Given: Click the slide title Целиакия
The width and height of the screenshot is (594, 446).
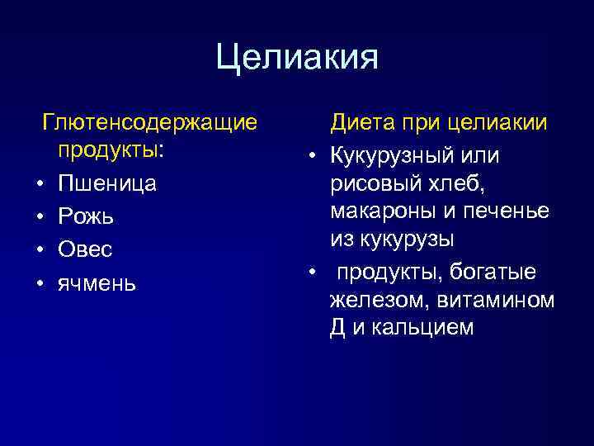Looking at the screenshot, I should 297,59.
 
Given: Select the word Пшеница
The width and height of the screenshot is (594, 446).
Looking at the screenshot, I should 106,184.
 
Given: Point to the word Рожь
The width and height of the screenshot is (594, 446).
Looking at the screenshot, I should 86,217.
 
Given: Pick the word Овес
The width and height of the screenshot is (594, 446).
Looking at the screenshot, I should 85,249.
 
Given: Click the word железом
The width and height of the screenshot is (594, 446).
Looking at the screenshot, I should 371,300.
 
